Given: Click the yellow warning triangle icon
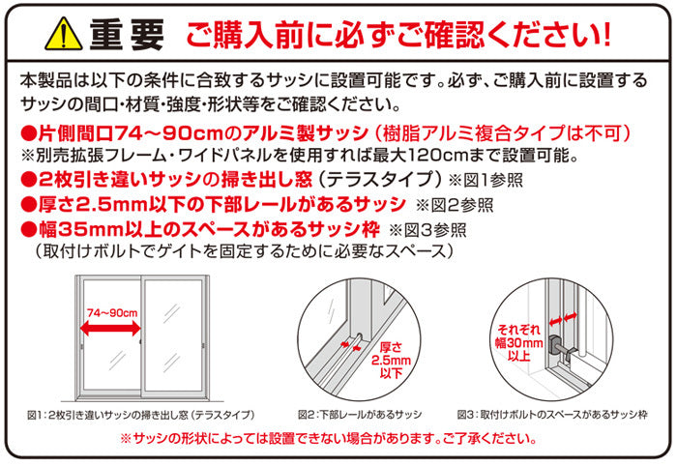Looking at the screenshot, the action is coord(64,34).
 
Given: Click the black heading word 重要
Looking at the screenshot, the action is coord(127,35).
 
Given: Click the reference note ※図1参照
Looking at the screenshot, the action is coord(486,180).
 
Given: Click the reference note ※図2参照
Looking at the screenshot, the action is coord(455,205).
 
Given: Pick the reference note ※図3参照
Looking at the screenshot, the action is coord(427,230).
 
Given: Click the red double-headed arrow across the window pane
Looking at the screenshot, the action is coord(110,329).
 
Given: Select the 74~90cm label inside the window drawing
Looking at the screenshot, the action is coord(112,312).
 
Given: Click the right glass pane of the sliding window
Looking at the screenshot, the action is coord(173,335).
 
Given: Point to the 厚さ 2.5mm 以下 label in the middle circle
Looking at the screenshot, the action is coord(391,360).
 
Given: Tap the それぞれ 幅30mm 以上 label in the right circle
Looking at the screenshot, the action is coord(519,342).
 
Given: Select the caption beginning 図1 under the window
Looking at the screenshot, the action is coord(141,415).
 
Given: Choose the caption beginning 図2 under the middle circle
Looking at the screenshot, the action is coord(360,415).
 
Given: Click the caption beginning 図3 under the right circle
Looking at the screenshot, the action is coord(552,415).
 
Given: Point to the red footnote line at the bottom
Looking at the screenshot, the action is coord(329,439).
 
